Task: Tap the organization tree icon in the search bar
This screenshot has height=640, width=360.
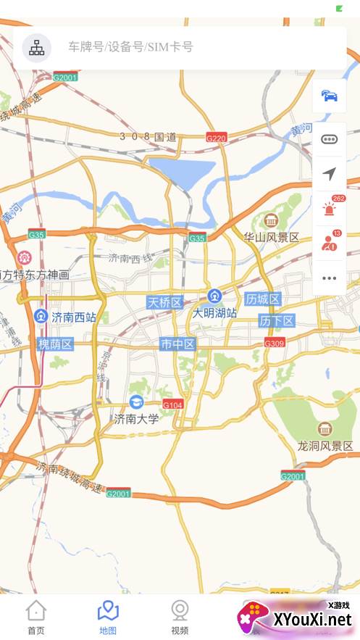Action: [35, 48]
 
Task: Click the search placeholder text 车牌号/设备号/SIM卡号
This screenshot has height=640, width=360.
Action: [130, 48]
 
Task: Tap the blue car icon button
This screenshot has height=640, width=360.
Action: [330, 96]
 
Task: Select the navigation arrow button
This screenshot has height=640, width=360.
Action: [330, 174]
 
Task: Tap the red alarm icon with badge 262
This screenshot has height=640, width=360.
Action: [330, 209]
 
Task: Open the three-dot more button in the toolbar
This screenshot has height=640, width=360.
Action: [330, 278]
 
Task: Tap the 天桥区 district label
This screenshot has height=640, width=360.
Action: [164, 302]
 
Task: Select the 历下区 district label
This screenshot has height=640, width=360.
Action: [277, 321]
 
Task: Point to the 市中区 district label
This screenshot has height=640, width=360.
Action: [177, 344]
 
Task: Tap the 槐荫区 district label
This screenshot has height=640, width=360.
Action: [56, 344]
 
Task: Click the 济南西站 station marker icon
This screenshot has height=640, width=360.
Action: [42, 317]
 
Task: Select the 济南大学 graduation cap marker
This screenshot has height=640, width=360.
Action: [135, 402]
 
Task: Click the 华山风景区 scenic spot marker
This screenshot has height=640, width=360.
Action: [272, 220]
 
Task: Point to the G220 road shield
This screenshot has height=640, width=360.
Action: [216, 137]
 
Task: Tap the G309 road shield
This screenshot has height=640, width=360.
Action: [274, 343]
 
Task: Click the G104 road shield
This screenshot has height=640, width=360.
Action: [173, 404]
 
